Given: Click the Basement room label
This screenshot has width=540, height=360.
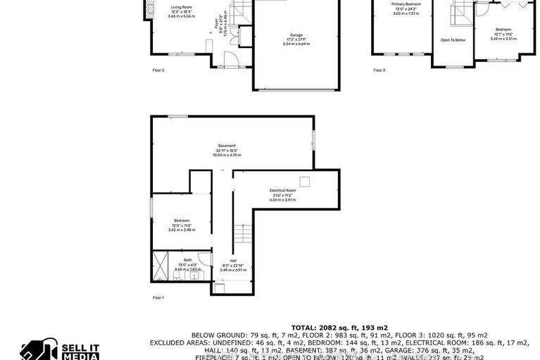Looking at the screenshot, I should click(227, 146).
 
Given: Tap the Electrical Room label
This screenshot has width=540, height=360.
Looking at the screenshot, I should click(282, 191).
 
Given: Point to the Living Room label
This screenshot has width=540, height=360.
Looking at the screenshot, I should click(181, 7).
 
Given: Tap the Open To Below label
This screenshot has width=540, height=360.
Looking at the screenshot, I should click(453, 40).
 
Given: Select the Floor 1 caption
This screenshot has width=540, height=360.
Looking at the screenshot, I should click(158, 298).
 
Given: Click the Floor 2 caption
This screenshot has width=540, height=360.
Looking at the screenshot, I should click(158, 70).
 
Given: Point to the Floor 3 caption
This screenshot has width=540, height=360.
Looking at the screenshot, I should click(379, 70).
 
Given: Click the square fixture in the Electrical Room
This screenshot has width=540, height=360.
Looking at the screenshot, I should click(304, 181).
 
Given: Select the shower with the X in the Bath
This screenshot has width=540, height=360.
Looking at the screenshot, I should click(160, 266).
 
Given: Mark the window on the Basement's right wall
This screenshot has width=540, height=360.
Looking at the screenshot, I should click(314, 140).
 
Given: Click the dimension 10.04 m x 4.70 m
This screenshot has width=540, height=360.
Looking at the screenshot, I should click(227, 155).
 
